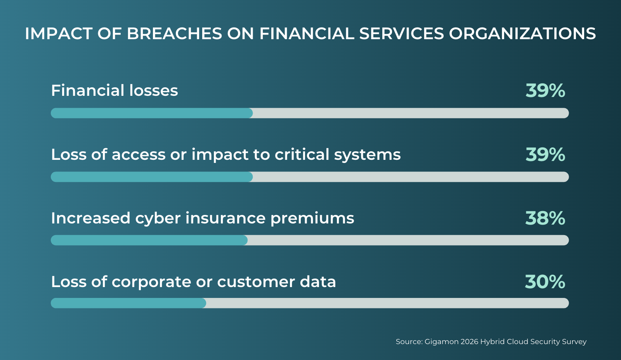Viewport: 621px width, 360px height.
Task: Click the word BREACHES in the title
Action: (174, 33)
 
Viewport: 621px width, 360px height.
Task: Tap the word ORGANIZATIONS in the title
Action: (522, 33)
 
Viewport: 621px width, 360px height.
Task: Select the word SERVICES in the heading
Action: (401, 33)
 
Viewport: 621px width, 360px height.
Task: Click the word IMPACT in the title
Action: (59, 33)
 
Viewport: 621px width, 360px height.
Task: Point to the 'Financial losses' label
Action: (114, 90)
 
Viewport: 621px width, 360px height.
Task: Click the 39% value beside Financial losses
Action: (545, 90)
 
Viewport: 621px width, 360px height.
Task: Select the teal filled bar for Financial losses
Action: (152, 113)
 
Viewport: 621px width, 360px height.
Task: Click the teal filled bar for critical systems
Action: (152, 177)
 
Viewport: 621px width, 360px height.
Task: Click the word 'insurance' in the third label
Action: (226, 218)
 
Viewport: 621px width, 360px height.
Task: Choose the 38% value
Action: (545, 218)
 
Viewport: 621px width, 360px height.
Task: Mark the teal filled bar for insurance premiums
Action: (149, 240)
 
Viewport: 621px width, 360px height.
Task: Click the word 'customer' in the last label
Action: (256, 282)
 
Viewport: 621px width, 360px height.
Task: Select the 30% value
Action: (545, 282)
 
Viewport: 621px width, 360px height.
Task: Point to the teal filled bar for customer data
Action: (128, 303)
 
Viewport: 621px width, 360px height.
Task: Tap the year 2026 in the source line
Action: (469, 341)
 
